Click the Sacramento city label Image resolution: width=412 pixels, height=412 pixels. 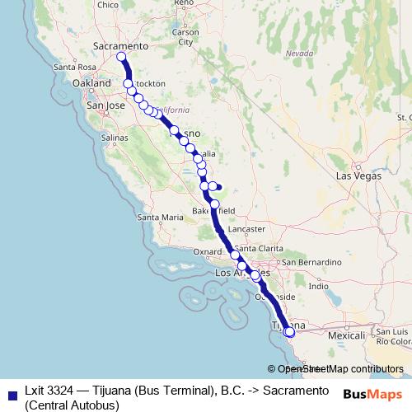[120, 46]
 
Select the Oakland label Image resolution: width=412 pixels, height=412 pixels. [91, 84]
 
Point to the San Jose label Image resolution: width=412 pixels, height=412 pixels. [105, 106]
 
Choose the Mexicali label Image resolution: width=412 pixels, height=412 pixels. [347, 336]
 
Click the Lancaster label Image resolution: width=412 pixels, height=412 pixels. [247, 228]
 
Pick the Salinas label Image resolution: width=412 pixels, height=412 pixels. [115, 138]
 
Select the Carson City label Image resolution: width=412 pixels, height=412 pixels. [185, 37]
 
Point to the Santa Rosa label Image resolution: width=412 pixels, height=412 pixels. [70, 67]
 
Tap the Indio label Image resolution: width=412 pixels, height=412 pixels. [317, 286]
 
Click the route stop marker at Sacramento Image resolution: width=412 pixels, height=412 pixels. [121, 57]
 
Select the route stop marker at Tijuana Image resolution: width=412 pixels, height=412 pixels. [288, 332]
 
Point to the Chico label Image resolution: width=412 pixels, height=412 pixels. [108, 5]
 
